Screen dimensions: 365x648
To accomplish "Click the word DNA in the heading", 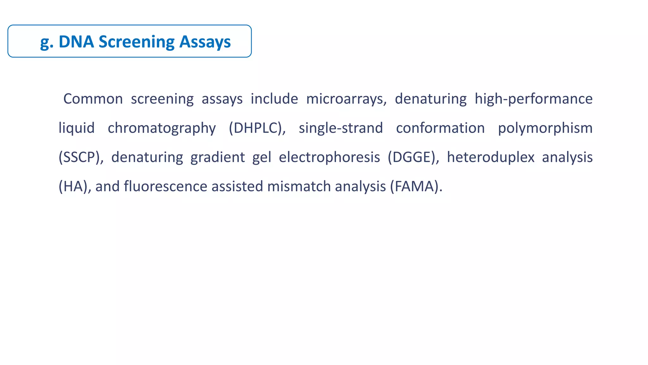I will pos(76,42).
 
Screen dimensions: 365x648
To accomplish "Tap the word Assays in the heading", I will pos(205,42).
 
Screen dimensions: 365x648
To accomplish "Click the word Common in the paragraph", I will pos(93,99).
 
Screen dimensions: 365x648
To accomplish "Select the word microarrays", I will pos(346,99).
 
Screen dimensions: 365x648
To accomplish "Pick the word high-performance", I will pos(533,99).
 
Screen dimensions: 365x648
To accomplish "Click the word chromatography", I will pos(162,128).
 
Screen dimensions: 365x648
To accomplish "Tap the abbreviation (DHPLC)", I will pos(257,128).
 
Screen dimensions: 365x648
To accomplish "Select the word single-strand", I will pos(341,128).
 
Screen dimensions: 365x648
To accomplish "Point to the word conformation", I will pos(440,128).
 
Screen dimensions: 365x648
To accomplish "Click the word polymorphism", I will pos(545,128).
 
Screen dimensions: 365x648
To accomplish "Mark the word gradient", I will pos(217,157).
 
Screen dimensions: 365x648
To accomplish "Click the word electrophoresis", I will pos(329,157).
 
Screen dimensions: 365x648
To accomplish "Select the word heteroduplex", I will pos(490,157).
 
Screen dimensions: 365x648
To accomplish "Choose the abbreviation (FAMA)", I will pos(416,186).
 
